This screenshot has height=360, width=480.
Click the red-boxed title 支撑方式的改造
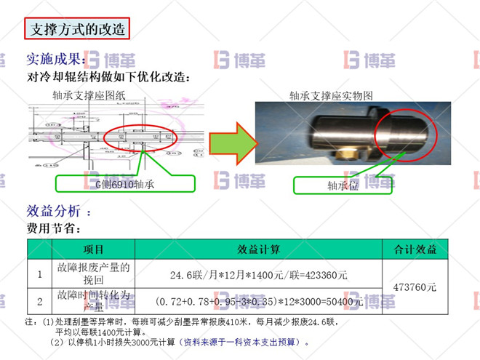76,30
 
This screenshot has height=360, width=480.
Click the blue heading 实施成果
55,60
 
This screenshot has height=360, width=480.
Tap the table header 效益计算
259,249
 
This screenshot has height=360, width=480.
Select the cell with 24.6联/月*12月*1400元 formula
259,275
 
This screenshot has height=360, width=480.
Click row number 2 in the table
39,300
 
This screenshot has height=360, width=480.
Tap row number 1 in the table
39,275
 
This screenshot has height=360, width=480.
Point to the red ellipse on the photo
405,134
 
